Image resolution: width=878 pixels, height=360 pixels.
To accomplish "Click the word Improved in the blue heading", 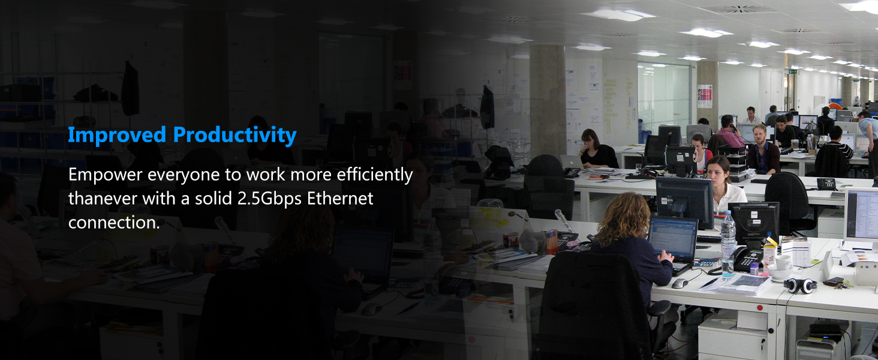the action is pos(117,135).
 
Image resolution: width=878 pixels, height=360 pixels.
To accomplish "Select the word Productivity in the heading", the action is pos(234,135).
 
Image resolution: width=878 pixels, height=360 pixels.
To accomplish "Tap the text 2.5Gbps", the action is pos(269,199).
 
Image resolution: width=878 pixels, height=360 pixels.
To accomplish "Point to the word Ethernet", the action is pos(340,199).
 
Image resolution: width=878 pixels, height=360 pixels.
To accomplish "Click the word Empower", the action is pos(105,175).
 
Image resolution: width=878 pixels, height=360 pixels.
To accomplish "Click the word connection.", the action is pos(114,223).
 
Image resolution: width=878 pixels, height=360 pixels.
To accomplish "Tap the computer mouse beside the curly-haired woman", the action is pos(680,283).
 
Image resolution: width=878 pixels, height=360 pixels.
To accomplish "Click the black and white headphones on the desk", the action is pos(800,286).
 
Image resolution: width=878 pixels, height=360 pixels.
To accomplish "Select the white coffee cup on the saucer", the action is pos(783,263).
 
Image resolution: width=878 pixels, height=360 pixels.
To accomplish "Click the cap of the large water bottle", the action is pos(727,212).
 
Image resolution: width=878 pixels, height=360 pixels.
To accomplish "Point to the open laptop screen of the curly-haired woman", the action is pos(673,236).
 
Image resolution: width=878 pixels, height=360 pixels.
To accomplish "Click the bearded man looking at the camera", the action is pos(762,149).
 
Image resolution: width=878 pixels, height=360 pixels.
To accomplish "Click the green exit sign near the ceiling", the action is pos(793,71).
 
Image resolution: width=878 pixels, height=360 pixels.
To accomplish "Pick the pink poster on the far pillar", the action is pos(704,96).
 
